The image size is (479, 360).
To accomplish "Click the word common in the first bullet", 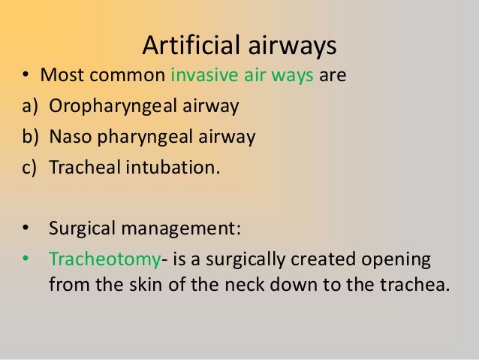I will point(137,76).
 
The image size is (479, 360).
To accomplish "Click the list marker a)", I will point(29,107).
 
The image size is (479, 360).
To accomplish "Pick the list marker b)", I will point(29,138).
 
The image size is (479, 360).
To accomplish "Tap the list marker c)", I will point(29,168).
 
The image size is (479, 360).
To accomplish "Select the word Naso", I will point(70,138).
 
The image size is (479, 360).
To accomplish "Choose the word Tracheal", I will point(81,168).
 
